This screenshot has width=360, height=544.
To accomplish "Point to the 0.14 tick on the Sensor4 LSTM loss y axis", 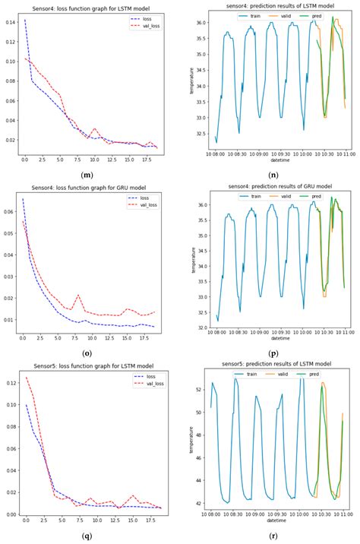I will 10,21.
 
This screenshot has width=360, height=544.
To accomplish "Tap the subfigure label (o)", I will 87,353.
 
